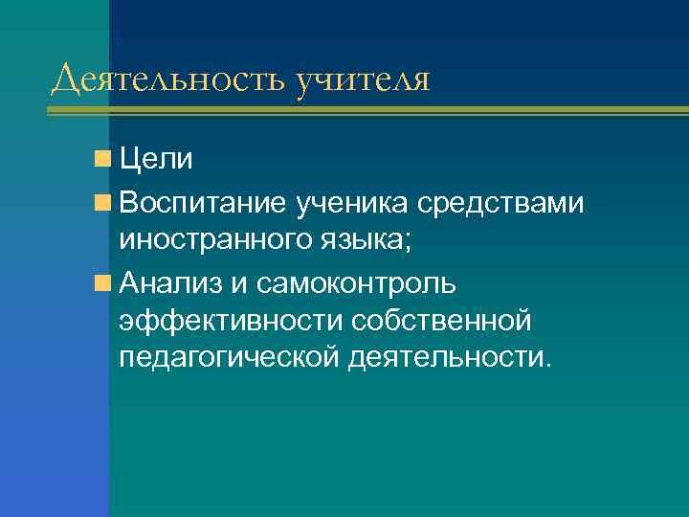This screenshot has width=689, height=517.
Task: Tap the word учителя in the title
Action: point(363,79)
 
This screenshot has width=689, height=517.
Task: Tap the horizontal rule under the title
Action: point(364,112)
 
